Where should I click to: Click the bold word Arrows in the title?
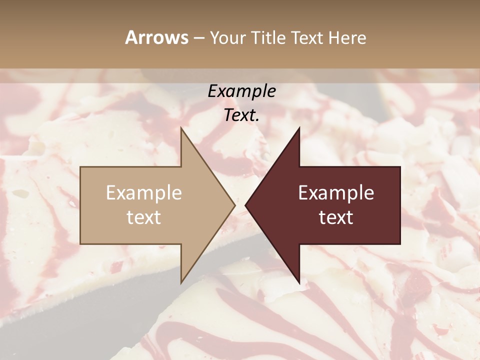[x=156, y=37]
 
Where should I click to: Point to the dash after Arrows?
[x=199, y=38]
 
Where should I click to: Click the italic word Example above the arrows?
[x=241, y=91]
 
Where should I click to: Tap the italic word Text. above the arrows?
[x=241, y=115]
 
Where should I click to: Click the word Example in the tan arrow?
[x=144, y=193]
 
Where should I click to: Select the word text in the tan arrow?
[x=144, y=217]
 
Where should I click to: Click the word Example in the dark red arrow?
[x=336, y=193]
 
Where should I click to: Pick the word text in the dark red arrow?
[x=336, y=217]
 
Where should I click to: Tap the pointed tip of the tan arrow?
[x=234, y=205]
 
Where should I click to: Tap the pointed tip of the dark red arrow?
[x=245, y=205]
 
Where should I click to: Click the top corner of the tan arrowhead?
[x=181, y=128]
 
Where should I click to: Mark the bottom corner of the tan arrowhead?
[x=181, y=282]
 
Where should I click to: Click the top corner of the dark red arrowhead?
[x=299, y=128]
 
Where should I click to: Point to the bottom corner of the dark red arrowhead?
[x=299, y=282]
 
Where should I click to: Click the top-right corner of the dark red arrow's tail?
[x=400, y=167]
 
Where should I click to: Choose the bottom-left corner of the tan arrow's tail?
[x=80, y=243]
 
